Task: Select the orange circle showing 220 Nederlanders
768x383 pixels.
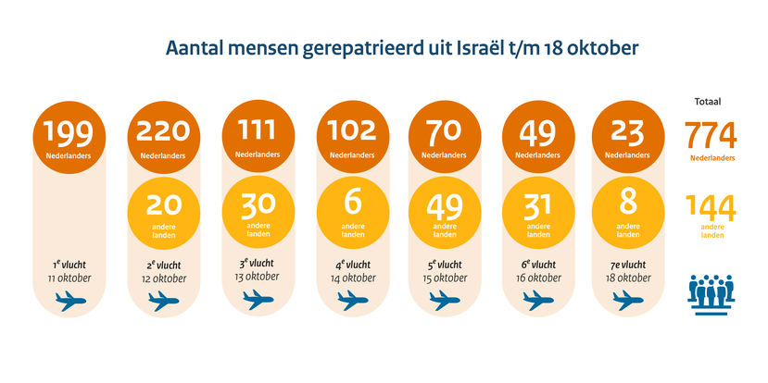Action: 162,139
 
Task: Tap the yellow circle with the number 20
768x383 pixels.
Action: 162,210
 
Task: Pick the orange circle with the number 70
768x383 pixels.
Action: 444,139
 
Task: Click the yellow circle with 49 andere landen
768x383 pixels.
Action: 444,210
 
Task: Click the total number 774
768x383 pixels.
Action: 711,136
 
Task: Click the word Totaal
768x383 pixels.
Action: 708,102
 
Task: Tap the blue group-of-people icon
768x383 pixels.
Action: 711,289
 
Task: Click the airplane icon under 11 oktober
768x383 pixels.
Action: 69,300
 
